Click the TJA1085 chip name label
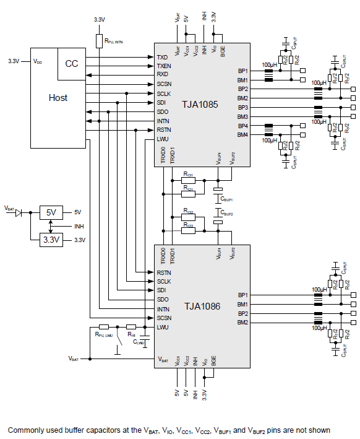tap(200, 105)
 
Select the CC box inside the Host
tap(72, 64)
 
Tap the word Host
tap(58, 98)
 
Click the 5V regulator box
tap(51, 212)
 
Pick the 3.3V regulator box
tap(51, 239)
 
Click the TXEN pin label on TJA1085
tap(164, 66)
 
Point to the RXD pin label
tap(163, 74)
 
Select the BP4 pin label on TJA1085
tap(242, 126)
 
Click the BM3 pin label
tap(242, 116)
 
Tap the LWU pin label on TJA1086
tap(163, 327)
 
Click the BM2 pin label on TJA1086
tap(242, 323)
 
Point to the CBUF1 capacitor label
tap(227, 199)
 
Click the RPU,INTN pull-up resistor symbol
tap(98, 41)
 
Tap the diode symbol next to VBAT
tap(19, 212)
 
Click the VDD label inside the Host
tap(38, 61)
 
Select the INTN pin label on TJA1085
tap(163, 121)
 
